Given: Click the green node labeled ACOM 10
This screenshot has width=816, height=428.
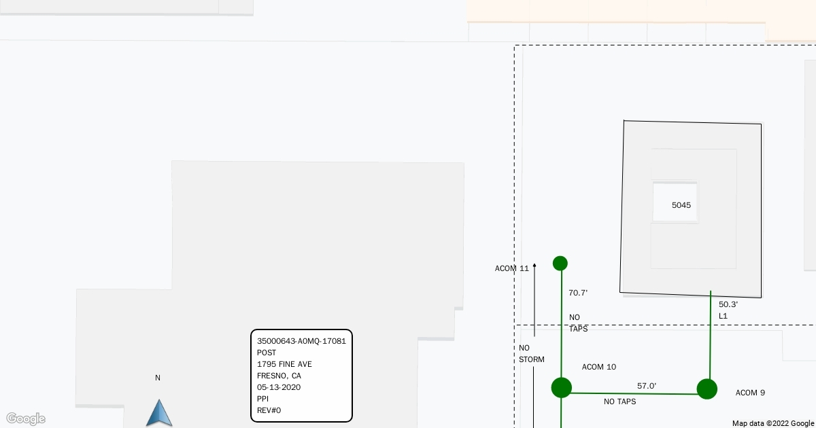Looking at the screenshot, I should tap(561, 387).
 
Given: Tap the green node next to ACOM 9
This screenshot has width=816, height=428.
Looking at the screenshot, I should tap(707, 389).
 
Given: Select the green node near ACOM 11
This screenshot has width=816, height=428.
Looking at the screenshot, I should tap(560, 263).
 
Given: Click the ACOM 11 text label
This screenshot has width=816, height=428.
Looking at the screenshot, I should tap(511, 268).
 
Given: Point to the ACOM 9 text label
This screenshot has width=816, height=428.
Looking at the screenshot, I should tap(750, 393).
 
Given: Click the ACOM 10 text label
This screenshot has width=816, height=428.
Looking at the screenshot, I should tap(599, 367).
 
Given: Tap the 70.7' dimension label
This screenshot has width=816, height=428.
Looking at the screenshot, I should tap(578, 293).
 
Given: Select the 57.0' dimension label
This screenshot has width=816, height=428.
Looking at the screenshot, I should tap(647, 386).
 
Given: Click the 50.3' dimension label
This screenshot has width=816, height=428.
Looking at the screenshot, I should tap(728, 304).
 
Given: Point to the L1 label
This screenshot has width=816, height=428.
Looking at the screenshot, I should tap(724, 316).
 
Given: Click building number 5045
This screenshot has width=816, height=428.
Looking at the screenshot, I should tap(681, 204).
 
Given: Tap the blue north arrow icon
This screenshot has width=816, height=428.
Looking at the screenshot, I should tap(159, 412).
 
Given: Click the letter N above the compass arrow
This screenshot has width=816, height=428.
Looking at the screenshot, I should tap(158, 378).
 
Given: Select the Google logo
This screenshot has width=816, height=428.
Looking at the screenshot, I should tap(26, 418).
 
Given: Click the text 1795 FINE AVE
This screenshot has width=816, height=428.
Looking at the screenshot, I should tap(284, 364).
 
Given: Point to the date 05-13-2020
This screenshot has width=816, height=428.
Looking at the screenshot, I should tap(279, 387).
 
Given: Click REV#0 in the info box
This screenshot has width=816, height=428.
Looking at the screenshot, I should tap(269, 410).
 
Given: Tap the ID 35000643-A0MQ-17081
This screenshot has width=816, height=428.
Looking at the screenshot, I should tap(301, 341).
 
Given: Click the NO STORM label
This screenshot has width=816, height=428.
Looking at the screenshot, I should tap(531, 353).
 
